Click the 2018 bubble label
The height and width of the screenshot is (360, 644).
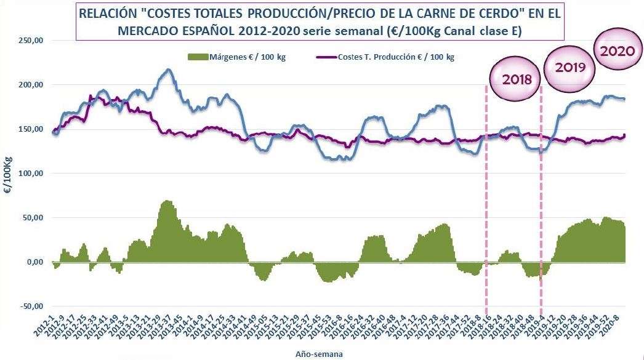point(515,79)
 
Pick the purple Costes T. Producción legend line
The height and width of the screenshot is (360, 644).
point(325,57)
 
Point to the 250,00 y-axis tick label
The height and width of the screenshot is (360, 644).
point(31,41)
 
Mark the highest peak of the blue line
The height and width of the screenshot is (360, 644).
point(167,70)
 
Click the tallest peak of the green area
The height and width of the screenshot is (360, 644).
point(166,201)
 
